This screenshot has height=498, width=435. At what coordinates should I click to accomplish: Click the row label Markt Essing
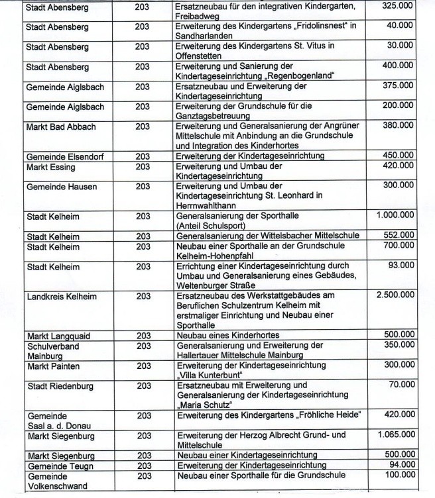coord(50,166)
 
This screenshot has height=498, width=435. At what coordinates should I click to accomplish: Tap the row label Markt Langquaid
coord(57,335)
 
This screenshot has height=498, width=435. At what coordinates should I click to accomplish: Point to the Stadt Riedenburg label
coord(60,385)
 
